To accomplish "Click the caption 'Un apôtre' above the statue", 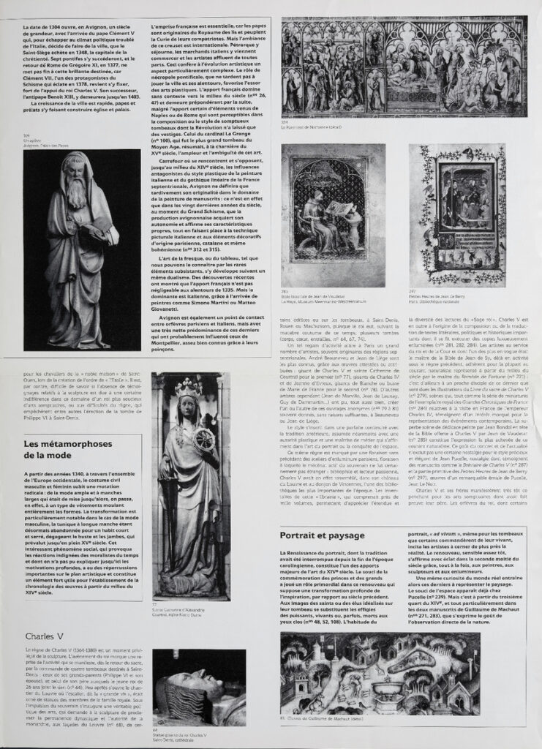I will tap(34, 140).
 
